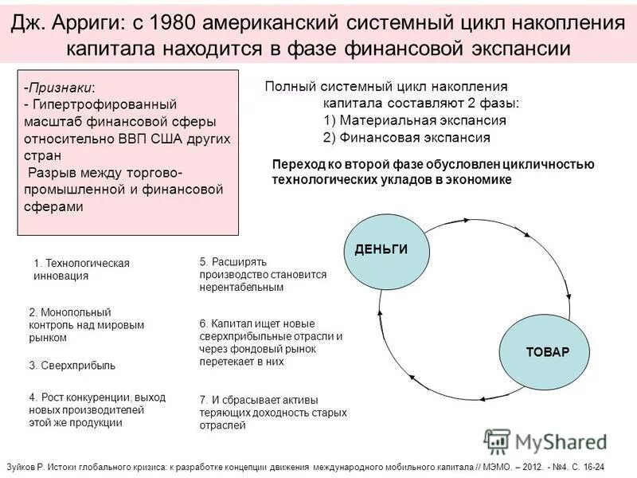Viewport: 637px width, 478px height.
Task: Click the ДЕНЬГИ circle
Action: click(x=381, y=249)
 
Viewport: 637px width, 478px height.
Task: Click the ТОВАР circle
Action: click(x=547, y=351)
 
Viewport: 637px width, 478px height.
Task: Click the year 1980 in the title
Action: click(x=173, y=22)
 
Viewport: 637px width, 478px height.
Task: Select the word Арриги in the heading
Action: click(x=87, y=22)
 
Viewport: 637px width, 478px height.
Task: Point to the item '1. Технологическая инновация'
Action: click(x=81, y=269)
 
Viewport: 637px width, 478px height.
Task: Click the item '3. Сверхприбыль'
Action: click(x=72, y=366)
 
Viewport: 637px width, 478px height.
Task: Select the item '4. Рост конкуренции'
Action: click(x=97, y=409)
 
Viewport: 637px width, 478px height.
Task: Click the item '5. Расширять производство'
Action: click(x=263, y=273)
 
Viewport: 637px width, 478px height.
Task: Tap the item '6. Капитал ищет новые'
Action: click(x=271, y=342)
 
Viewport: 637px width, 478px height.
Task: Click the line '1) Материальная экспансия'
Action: click(x=415, y=120)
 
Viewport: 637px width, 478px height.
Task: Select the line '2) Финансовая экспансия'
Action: click(x=406, y=137)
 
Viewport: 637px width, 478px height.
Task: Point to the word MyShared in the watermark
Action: click(x=561, y=442)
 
